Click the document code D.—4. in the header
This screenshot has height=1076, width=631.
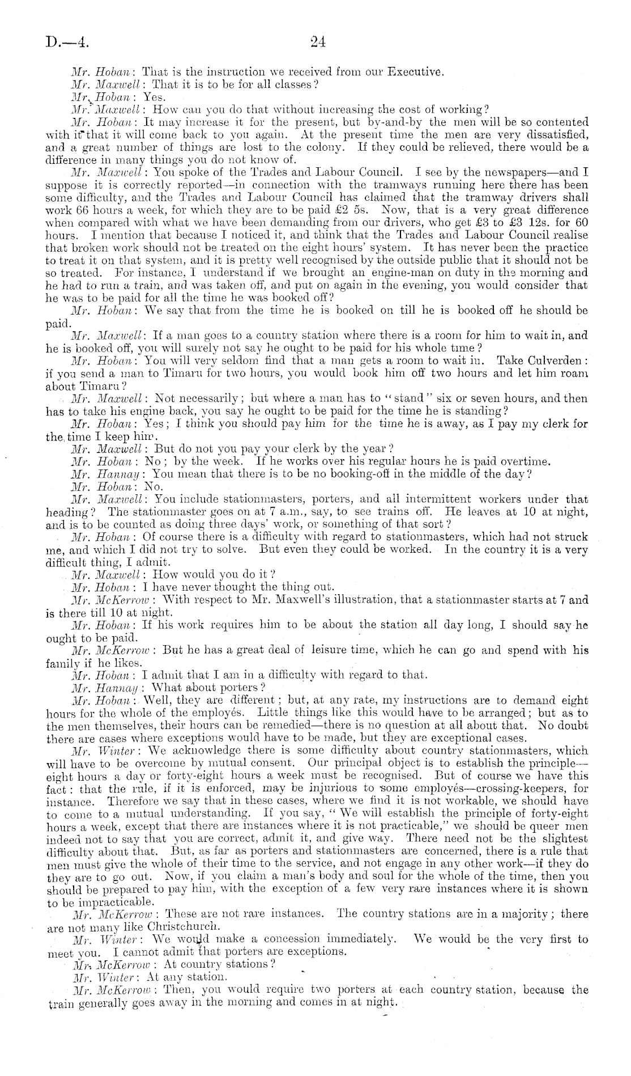point(67,42)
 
